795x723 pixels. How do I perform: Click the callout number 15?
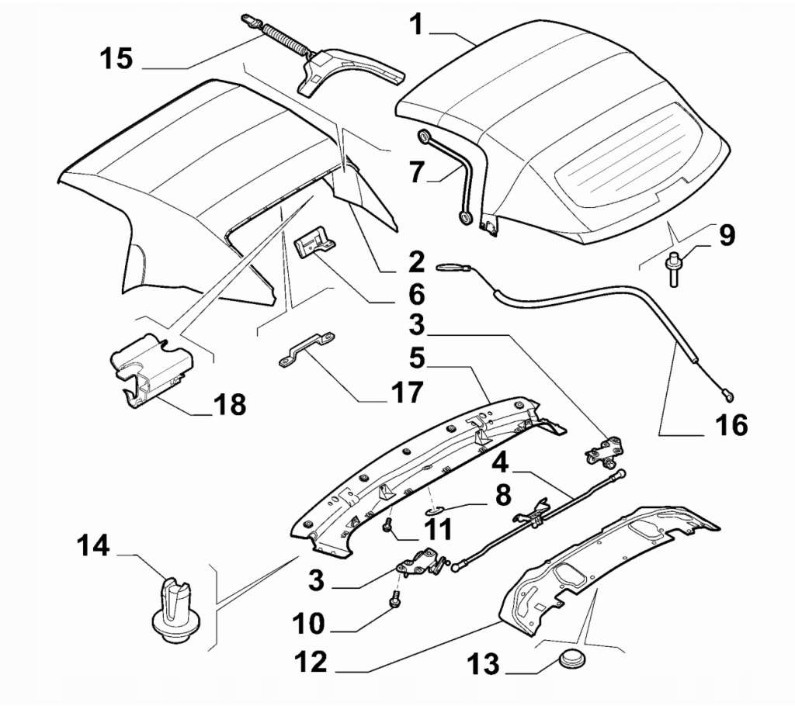[x=116, y=58]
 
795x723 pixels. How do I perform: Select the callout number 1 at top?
[x=417, y=25]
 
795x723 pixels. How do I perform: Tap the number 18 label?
[x=231, y=404]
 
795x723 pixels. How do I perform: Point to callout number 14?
[x=94, y=548]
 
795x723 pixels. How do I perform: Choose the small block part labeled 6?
[x=314, y=245]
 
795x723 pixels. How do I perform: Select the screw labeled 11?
[x=387, y=527]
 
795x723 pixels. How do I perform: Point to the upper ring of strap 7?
[x=425, y=138]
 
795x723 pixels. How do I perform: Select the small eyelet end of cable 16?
[x=728, y=395]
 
